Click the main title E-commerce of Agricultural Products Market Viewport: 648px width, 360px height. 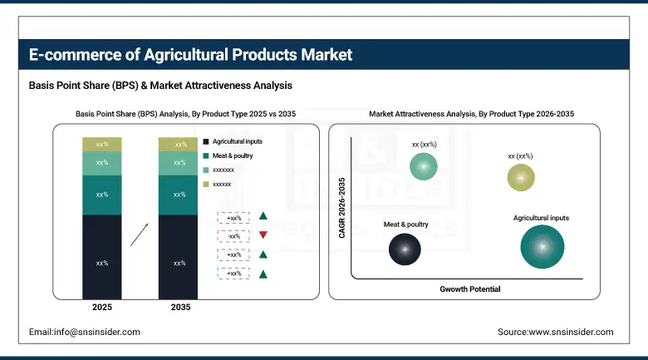coord(190,55)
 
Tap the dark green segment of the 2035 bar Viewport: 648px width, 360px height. coord(179,195)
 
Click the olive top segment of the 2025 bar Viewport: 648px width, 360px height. coord(102,145)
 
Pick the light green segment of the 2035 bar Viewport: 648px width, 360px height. coord(179,163)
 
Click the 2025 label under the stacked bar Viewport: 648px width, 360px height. coord(102,308)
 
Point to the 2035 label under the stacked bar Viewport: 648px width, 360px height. coord(179,308)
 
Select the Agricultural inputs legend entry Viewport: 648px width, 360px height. coord(233,142)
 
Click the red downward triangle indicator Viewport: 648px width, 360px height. coord(263,235)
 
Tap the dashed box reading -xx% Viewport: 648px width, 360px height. coord(233,235)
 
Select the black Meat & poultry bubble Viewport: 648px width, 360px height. coord(405,249)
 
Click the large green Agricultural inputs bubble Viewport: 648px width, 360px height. coord(542,247)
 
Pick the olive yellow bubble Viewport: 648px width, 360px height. coord(521,177)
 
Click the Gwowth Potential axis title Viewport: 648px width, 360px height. coord(469,289)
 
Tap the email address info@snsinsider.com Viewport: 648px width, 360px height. coord(85,332)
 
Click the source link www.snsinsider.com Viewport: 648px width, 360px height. coord(556,332)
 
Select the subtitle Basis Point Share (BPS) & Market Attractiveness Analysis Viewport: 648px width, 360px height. coord(160,86)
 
